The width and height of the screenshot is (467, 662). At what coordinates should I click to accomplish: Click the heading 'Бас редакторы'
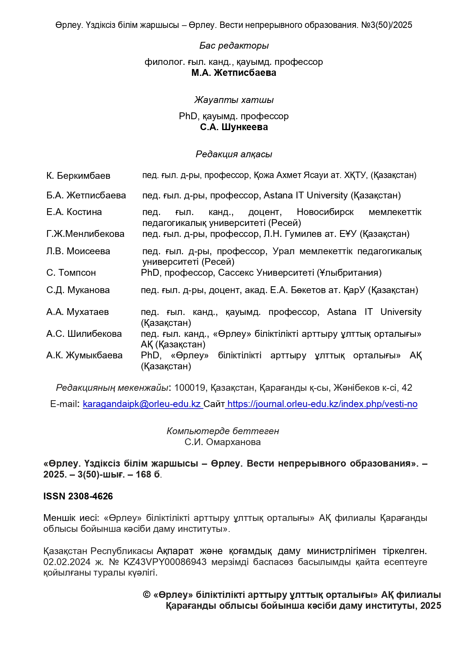point(234,46)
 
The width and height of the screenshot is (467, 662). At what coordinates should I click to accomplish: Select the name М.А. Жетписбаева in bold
point(233,73)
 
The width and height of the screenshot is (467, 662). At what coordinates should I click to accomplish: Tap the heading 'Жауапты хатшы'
point(234,100)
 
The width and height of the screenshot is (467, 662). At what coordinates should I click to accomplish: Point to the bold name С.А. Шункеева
point(234,127)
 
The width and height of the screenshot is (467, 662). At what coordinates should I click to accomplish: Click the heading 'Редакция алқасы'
point(234,154)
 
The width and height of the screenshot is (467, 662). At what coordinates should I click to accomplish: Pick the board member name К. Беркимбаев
point(78,176)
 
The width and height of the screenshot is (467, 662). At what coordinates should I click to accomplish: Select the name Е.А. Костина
point(74,212)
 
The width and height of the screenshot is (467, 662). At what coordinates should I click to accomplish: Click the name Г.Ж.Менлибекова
point(85,234)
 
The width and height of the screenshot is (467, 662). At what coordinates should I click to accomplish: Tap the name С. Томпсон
point(71,273)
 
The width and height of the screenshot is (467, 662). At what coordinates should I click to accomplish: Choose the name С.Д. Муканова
point(78,290)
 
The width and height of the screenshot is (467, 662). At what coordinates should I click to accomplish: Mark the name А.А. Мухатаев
point(78,312)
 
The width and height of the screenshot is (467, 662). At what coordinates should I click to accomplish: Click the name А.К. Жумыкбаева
point(84,355)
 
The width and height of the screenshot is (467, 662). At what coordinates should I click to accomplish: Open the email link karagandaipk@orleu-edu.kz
point(142,404)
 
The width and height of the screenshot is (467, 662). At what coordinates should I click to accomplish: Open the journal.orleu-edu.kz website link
point(322,404)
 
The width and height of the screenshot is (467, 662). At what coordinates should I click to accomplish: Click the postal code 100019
point(190,388)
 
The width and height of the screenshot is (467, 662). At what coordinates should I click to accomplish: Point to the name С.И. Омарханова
point(223,442)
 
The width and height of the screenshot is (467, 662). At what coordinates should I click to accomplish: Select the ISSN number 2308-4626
point(90,496)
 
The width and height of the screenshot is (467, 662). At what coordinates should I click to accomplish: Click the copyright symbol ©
point(147,595)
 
